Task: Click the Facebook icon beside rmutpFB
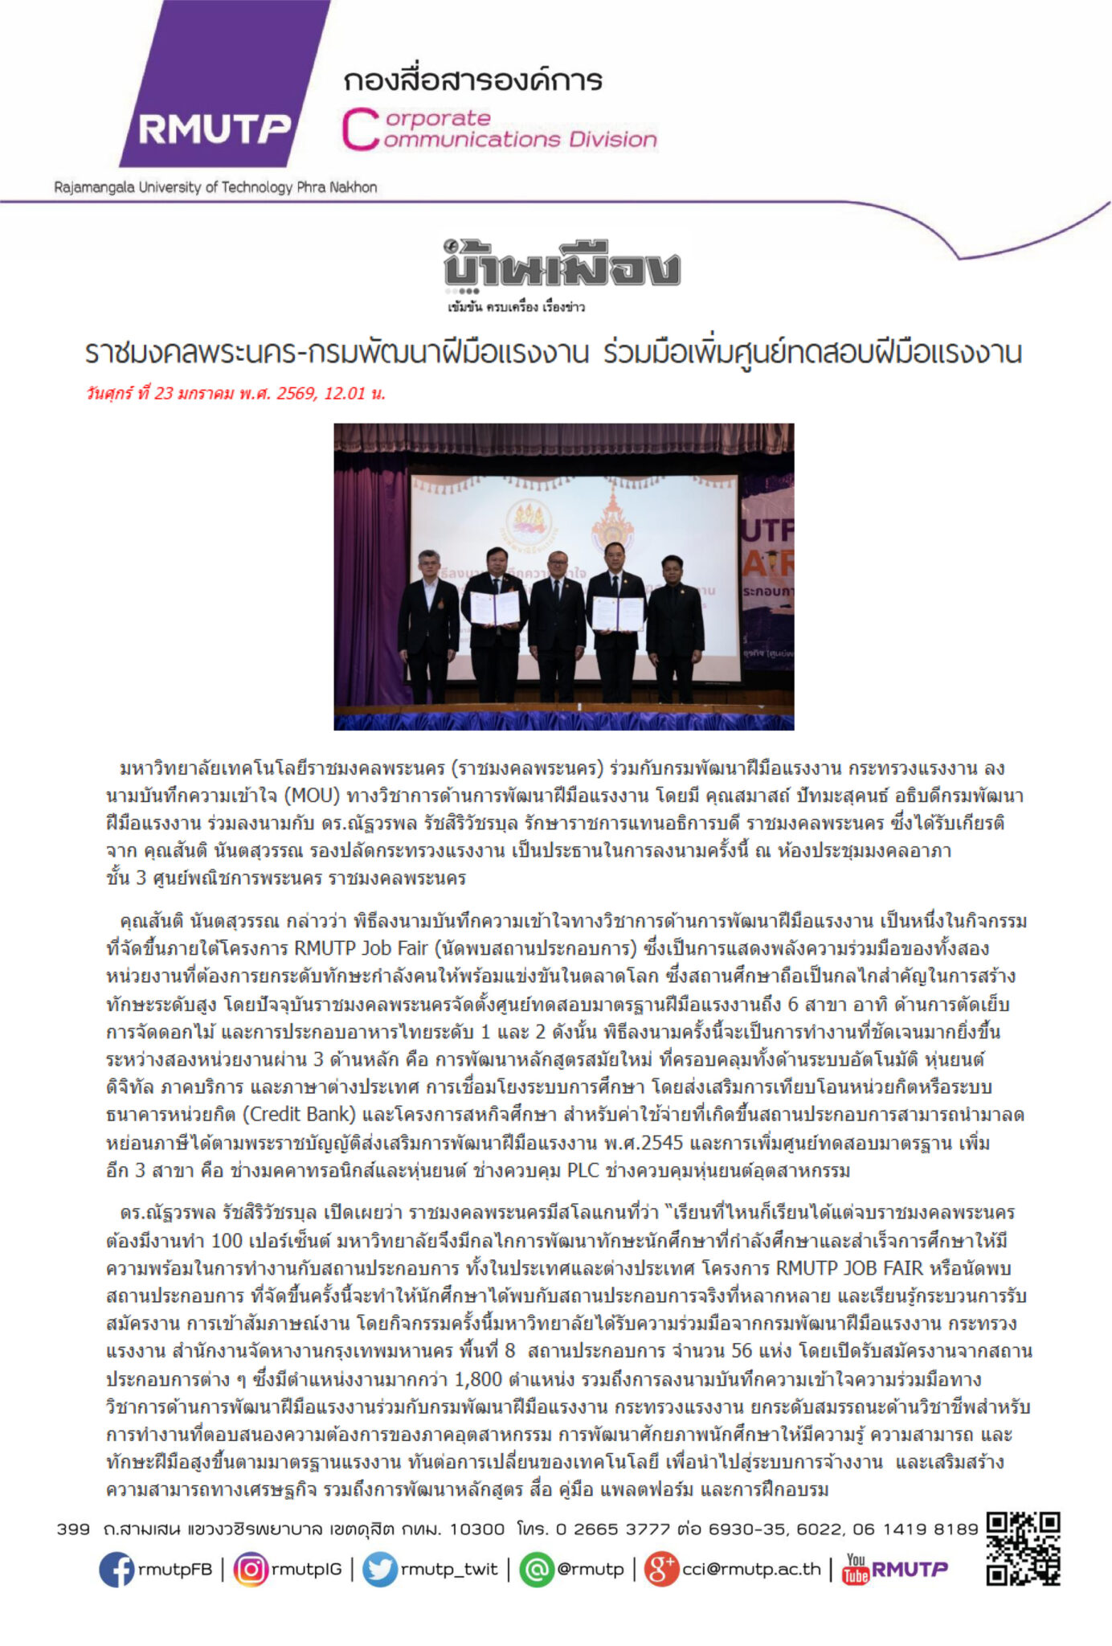(x=117, y=1569)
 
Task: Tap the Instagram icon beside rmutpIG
(x=251, y=1569)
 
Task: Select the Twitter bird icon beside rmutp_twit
(x=379, y=1569)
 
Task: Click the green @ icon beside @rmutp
(x=537, y=1569)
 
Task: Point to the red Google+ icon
(x=661, y=1569)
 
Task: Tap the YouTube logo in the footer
(x=856, y=1569)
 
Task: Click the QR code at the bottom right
(x=1023, y=1549)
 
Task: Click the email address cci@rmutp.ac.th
(x=751, y=1569)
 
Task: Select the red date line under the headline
(x=235, y=393)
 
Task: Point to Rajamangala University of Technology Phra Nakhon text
(x=215, y=187)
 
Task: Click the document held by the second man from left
(x=494, y=608)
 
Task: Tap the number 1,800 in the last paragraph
(x=478, y=1379)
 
